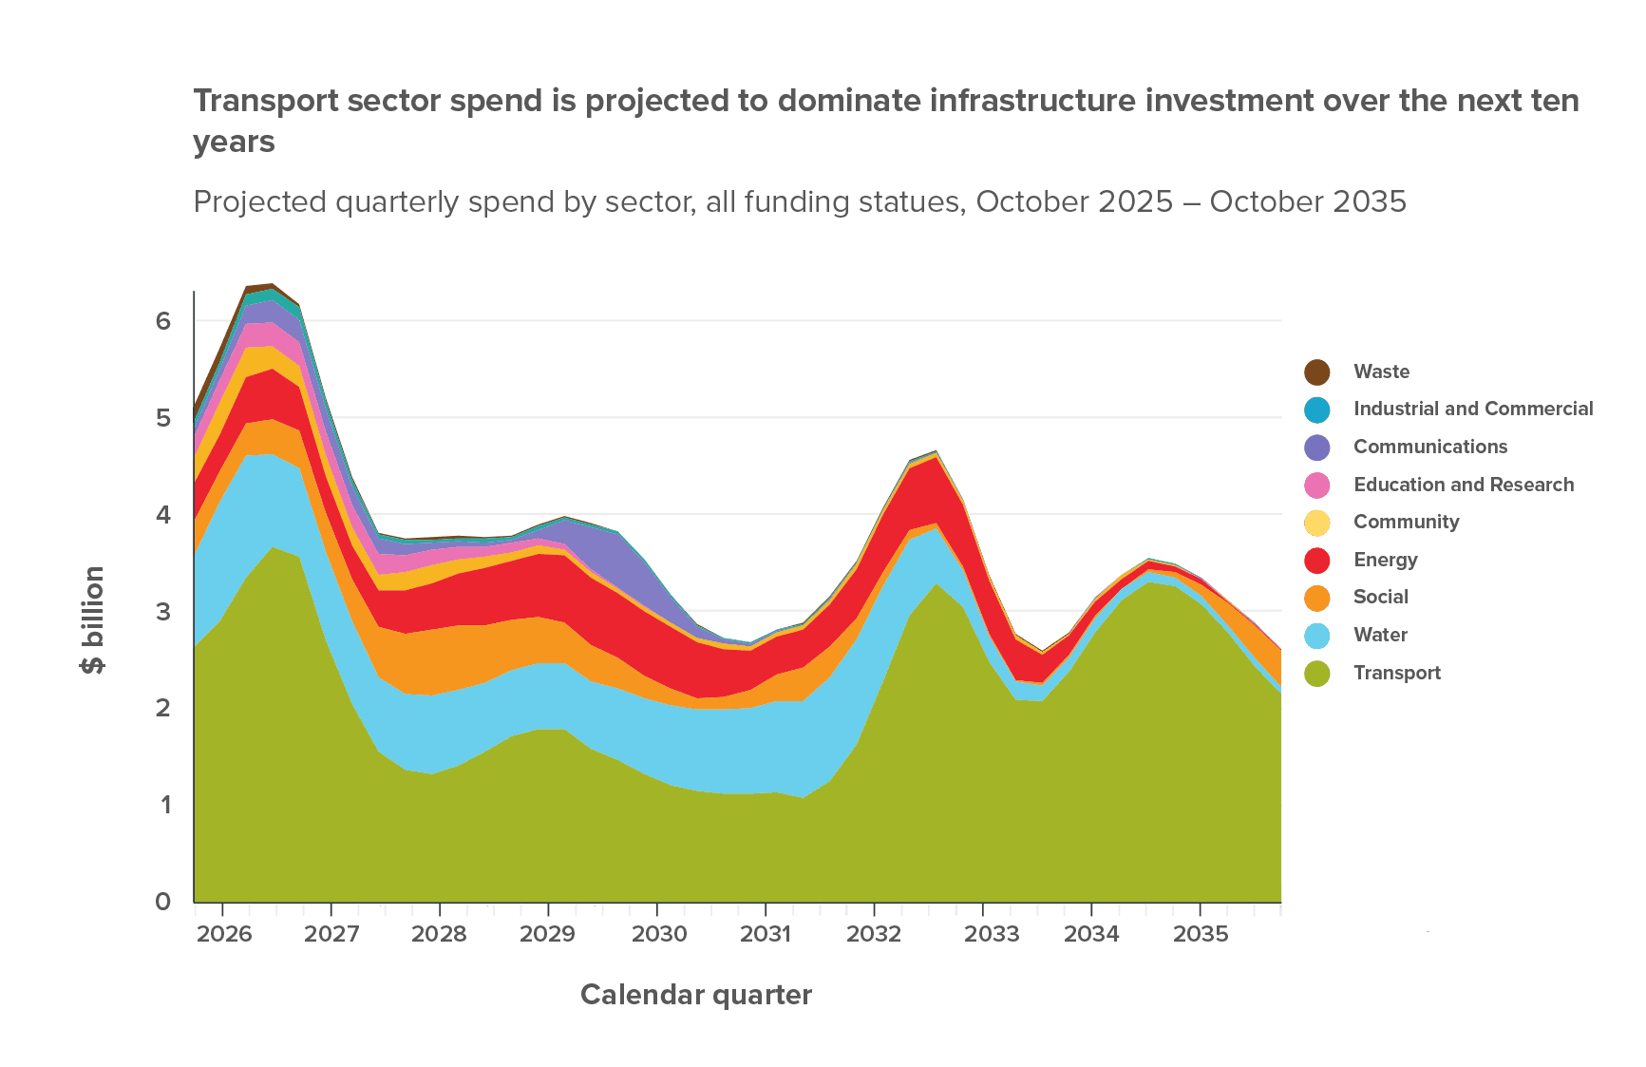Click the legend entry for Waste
pos(1381,372)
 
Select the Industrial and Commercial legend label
pos(1473,409)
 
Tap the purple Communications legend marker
pos(1317,448)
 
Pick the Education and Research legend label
pos(1464,485)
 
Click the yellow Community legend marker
pos(1317,523)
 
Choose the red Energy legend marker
pos(1317,561)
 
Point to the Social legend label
pos(1380,597)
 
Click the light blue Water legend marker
pos(1317,636)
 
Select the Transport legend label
pos(1397,673)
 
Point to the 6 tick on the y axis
pos(164,321)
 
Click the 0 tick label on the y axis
pos(164,901)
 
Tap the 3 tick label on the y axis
pos(164,611)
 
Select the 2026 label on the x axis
pos(224,934)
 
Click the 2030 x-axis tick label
pos(659,934)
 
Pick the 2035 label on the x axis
pos(1201,934)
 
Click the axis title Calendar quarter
pos(695,995)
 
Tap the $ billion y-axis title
pos(93,619)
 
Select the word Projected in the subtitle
pos(251,202)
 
